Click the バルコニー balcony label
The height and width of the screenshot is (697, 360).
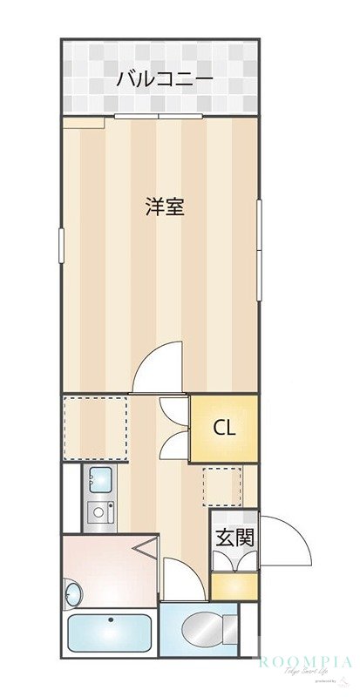(165, 79)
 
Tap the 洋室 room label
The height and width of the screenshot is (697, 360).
(165, 206)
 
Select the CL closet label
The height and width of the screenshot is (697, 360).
(224, 428)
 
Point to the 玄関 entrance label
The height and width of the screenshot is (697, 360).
(234, 538)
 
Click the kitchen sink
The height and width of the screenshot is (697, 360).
(99, 479)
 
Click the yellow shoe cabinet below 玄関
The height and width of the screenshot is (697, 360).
(234, 585)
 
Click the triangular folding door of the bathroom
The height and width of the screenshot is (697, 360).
(146, 549)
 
